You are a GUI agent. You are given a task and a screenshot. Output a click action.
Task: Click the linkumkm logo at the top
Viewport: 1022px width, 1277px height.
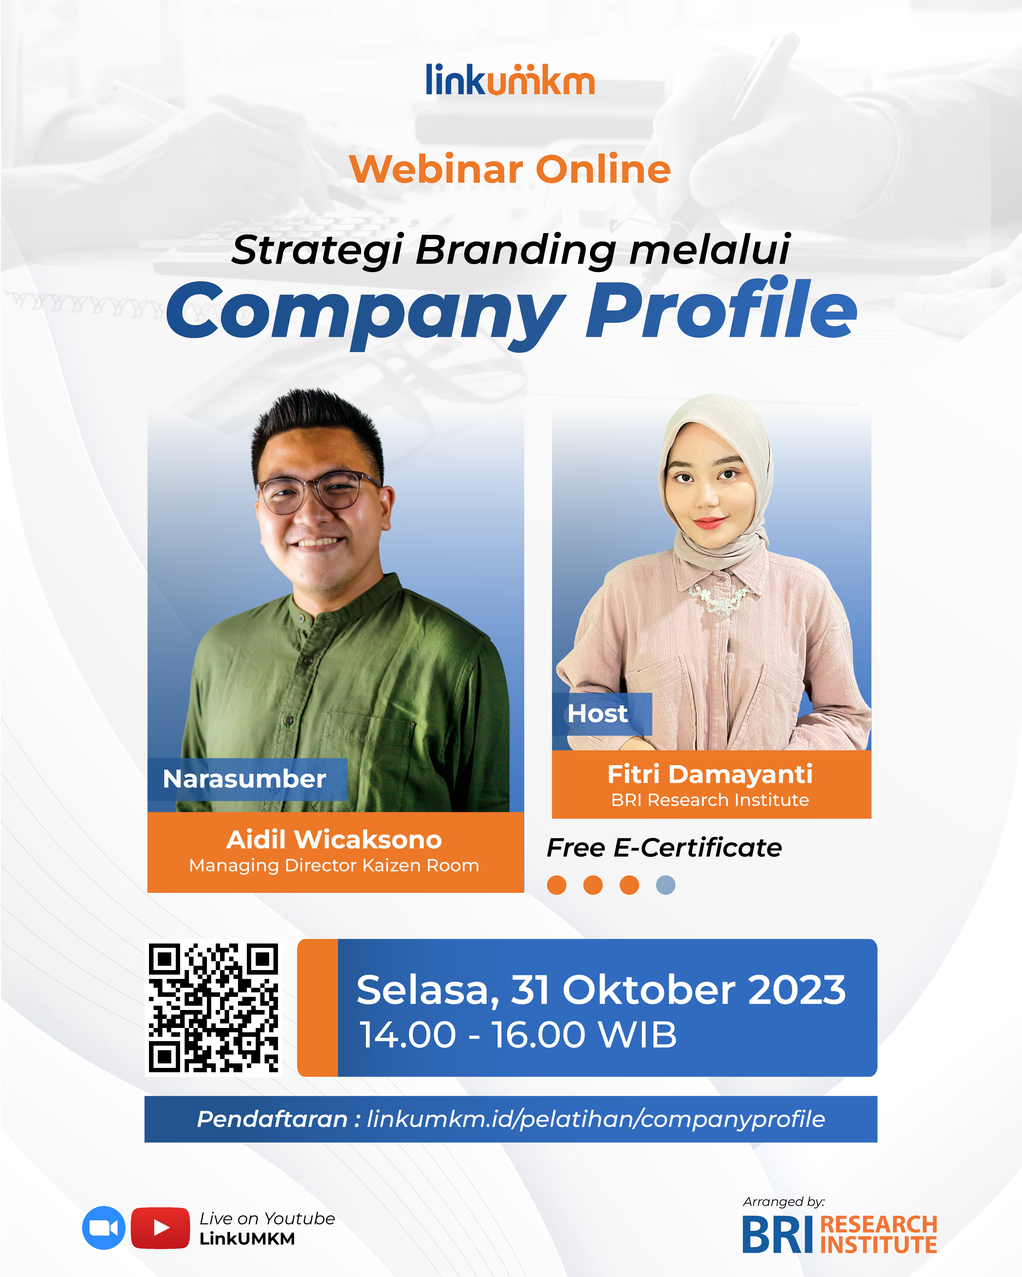click(x=510, y=80)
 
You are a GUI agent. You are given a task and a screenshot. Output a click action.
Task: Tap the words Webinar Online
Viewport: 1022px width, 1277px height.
click(x=510, y=169)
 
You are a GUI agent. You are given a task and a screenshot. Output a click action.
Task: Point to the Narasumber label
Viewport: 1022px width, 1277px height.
click(x=245, y=779)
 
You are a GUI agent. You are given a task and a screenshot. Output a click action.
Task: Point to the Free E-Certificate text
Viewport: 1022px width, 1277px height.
click(x=664, y=847)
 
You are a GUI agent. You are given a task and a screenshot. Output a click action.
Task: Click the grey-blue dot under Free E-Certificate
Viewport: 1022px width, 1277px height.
click(x=665, y=885)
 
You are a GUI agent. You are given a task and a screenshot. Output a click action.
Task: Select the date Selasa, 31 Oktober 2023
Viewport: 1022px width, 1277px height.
click(x=601, y=990)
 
